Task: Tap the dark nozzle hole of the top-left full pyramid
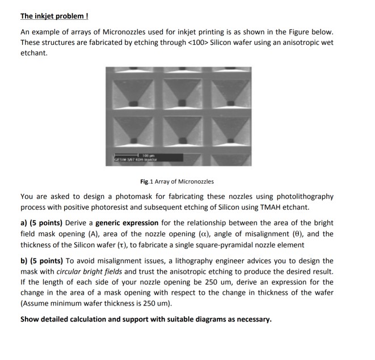(x=133, y=103)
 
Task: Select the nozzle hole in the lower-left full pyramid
(x=133, y=143)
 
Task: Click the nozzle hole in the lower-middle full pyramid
(x=183, y=143)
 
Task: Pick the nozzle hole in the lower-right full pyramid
(x=232, y=142)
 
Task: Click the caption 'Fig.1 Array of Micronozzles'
(x=178, y=181)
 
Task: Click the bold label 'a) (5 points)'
(x=43, y=223)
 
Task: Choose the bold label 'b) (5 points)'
(x=43, y=261)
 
